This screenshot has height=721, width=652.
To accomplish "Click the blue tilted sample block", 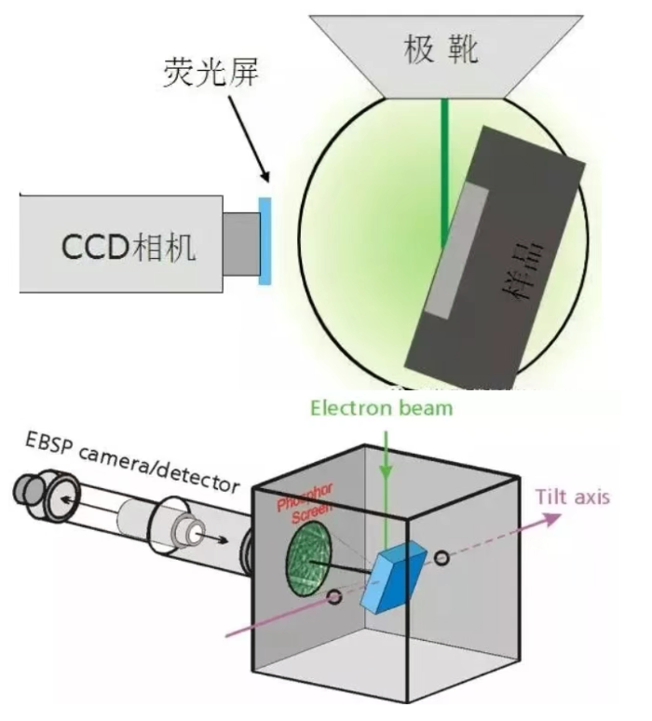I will [389, 580].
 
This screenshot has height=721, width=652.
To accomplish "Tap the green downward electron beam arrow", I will [384, 485].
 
